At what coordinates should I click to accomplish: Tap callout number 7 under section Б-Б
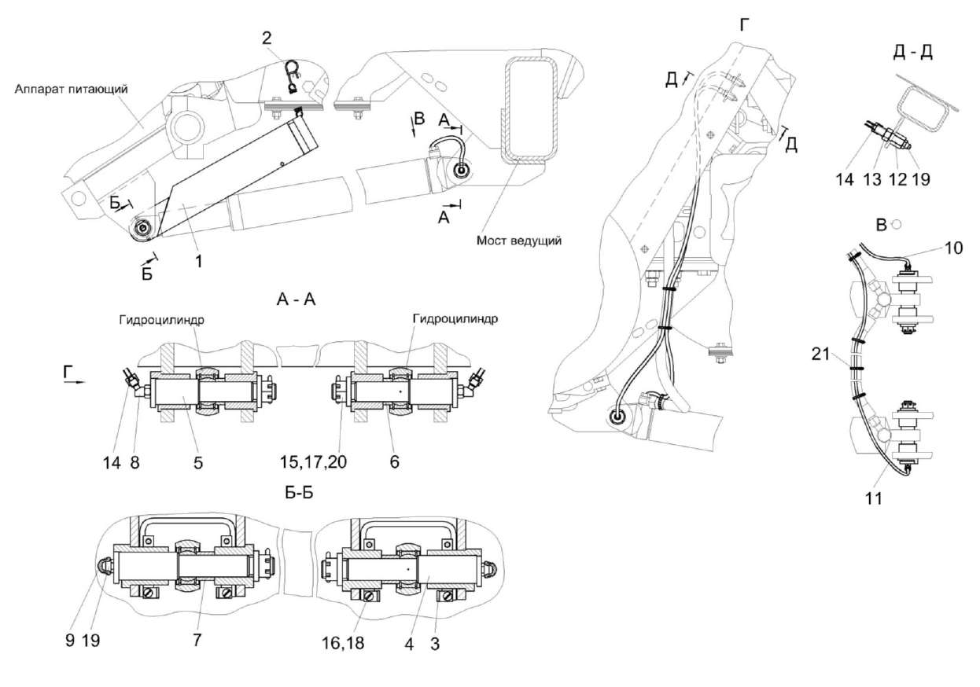197,641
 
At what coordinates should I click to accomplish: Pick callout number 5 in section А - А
197,464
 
